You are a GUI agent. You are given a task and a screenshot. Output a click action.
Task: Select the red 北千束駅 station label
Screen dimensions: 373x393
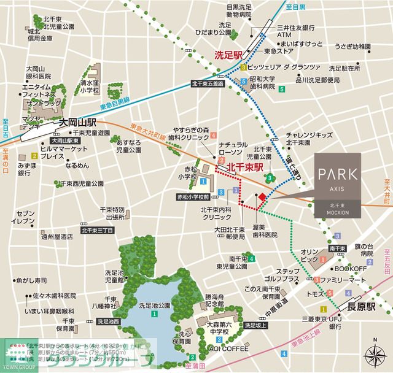click(x=245, y=166)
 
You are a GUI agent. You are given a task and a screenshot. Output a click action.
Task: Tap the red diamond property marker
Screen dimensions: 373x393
click(x=262, y=197)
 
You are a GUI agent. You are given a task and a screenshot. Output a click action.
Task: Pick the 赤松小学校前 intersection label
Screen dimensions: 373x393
click(x=193, y=198)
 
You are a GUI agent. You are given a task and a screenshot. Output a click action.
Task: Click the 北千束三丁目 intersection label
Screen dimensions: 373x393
click(x=95, y=231)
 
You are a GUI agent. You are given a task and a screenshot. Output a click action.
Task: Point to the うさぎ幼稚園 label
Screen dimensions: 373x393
click(x=356, y=46)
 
